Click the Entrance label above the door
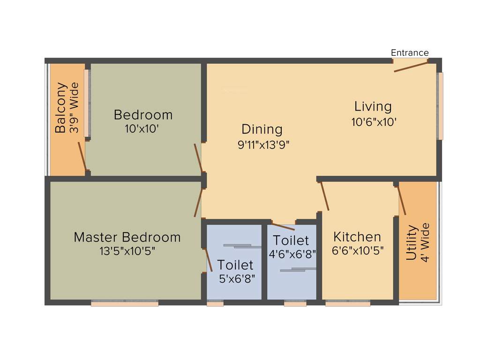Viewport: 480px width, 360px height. click(x=410, y=52)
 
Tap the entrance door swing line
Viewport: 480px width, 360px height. click(x=411, y=67)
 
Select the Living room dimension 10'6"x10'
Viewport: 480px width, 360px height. click(x=374, y=122)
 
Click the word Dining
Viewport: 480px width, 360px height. click(x=262, y=129)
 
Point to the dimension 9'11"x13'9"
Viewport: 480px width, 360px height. click(x=263, y=145)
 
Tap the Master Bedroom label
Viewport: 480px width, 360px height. click(x=127, y=237)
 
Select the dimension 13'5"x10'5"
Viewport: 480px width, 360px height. click(x=127, y=251)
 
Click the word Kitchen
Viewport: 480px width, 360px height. click(x=357, y=237)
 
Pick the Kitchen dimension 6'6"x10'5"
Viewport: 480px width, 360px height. click(x=358, y=251)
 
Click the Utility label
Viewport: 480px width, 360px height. click(x=411, y=242)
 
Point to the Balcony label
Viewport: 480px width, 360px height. click(x=60, y=108)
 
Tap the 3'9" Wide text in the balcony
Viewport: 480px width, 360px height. click(x=74, y=108)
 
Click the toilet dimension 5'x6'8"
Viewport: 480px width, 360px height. click(x=237, y=279)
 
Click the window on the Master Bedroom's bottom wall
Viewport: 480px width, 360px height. click(x=124, y=303)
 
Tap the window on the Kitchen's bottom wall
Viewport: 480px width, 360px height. click(x=347, y=303)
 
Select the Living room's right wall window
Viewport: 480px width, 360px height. click(x=440, y=106)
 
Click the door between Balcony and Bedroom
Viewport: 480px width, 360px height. click(x=82, y=156)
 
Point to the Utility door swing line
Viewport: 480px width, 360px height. click(x=402, y=201)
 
